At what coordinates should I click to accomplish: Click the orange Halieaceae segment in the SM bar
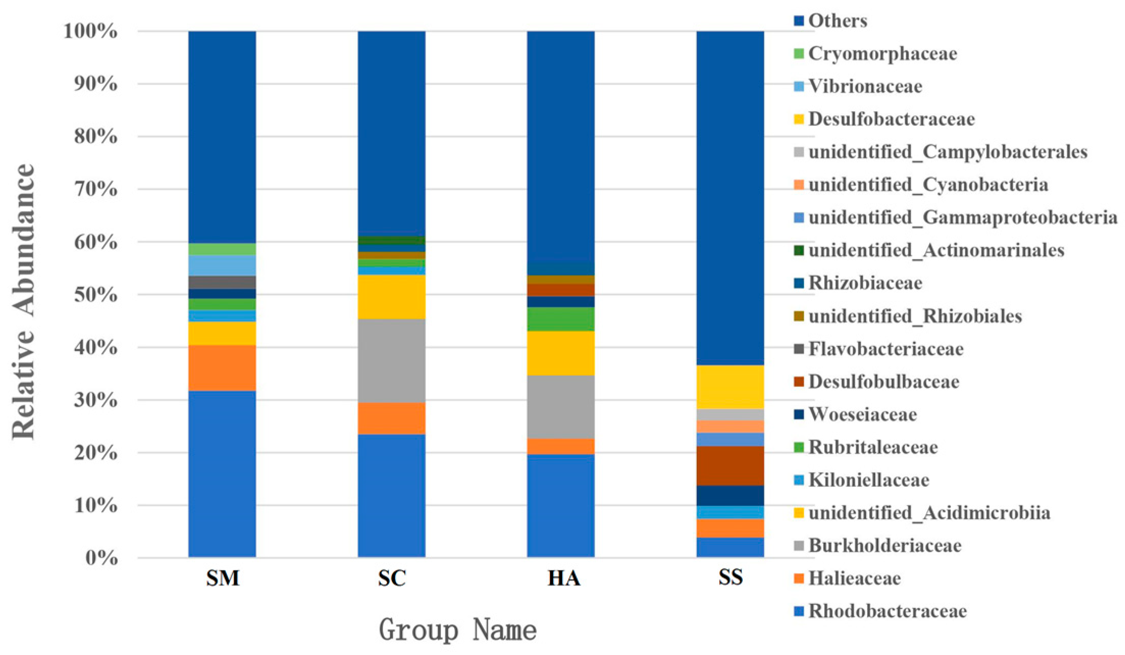coord(222,368)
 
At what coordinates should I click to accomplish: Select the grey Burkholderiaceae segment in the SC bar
coord(391,360)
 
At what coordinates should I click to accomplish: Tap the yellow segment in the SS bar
coord(730,387)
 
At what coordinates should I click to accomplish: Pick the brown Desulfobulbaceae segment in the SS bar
coord(730,465)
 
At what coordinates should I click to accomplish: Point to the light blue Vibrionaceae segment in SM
coord(222,265)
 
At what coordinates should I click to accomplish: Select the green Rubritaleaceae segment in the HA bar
coord(561,319)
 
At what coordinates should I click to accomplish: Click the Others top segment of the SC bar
coord(391,133)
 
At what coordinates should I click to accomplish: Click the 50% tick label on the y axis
coord(96,295)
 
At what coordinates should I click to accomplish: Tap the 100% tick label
coord(91,32)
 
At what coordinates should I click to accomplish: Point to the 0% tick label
coord(101,558)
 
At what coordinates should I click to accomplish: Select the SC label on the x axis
coord(391,578)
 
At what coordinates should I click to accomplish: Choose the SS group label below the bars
coord(730,578)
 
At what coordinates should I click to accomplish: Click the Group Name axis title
coord(457,630)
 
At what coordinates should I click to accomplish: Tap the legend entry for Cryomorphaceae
coord(882,54)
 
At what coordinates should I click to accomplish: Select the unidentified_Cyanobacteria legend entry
coord(928,185)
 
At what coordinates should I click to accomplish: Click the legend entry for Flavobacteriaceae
coord(885,349)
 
